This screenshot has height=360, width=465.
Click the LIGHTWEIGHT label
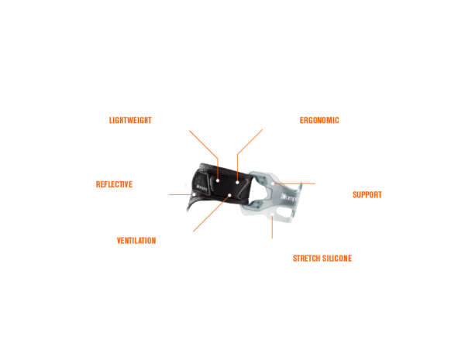point(130,120)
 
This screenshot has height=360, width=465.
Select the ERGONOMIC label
point(319,120)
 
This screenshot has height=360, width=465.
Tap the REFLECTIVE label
point(114,184)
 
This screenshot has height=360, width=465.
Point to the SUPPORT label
point(367,194)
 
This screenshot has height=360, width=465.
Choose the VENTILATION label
point(136,241)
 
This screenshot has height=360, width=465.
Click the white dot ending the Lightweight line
point(218,180)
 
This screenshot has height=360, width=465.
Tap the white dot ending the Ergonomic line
point(237,182)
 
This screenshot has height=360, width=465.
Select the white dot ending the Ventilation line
point(229,195)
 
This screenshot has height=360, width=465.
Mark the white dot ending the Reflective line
point(194,194)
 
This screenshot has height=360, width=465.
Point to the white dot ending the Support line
point(273,183)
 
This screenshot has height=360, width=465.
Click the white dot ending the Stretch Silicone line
point(272,214)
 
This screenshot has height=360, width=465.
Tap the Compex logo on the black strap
point(201,188)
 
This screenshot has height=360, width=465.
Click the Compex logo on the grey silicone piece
point(289,197)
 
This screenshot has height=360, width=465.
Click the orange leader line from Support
point(294,183)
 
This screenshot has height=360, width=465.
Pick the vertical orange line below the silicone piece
point(272,228)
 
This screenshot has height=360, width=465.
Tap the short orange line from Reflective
point(181,194)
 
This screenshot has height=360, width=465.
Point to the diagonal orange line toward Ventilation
point(211,214)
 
